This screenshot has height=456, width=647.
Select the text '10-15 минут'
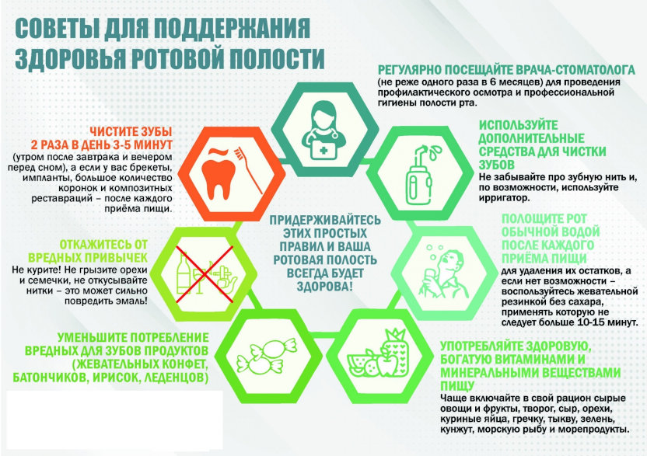pyautogui.click(x=606, y=322)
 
